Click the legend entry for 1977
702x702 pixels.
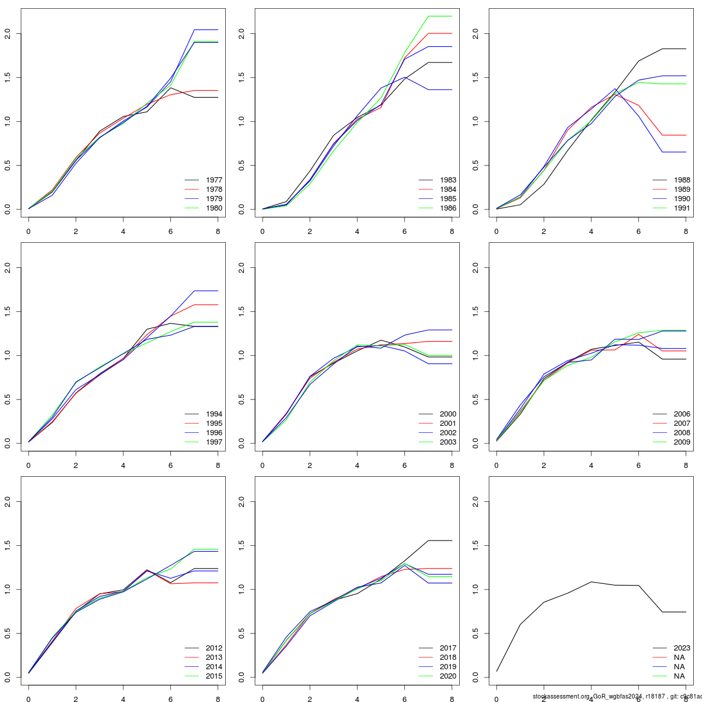[214, 180]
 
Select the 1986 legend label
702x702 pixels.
[448, 208]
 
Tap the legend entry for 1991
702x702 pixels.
[682, 208]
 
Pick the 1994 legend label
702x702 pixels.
[214, 414]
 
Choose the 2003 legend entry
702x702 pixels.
[448, 442]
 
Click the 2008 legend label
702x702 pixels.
[682, 433]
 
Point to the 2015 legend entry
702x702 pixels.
[214, 676]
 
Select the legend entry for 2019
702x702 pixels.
[448, 667]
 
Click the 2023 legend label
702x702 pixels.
[682, 648]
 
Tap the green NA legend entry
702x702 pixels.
[679, 676]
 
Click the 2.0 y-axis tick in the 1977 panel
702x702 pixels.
[8, 34]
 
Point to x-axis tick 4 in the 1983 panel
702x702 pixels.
[357, 231]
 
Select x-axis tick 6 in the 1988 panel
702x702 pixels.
[638, 231]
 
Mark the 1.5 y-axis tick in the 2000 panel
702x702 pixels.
[242, 312]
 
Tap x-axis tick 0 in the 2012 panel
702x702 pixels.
[29, 699]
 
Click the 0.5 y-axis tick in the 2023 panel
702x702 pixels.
[476, 634]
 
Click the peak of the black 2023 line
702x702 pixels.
[591, 581]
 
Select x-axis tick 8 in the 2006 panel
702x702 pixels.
[686, 465]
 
